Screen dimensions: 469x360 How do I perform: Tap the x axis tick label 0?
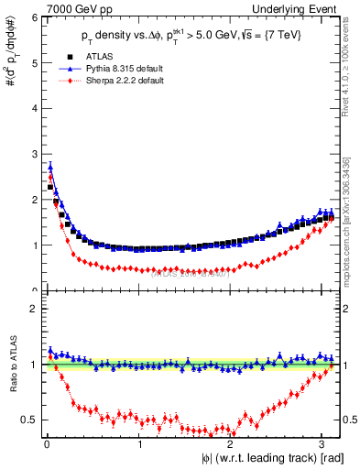(x=46, y=445)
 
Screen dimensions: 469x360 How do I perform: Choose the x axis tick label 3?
(x=326, y=445)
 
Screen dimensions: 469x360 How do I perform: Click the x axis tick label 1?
(x=139, y=445)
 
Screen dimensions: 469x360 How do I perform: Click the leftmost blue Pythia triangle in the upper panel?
(x=49, y=167)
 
